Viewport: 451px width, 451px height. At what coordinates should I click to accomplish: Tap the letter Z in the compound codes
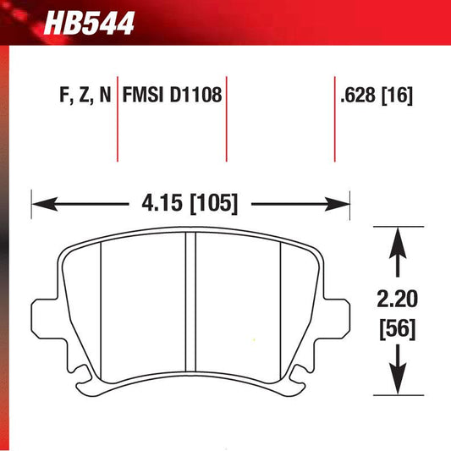(x=84, y=96)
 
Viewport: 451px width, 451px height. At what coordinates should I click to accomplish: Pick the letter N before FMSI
(x=105, y=96)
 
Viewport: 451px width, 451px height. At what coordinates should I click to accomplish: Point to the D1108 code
(x=197, y=96)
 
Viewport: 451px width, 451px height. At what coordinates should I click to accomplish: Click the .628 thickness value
(x=355, y=96)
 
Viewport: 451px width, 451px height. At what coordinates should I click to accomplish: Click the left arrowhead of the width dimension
(x=41, y=204)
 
